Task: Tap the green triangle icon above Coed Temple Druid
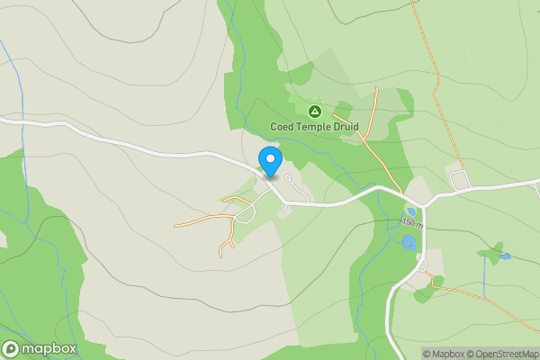(315, 111)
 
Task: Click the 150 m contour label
(411, 222)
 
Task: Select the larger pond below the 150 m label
(409, 242)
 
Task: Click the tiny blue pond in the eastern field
(507, 256)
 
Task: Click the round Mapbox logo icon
(13, 348)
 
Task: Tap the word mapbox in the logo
(49, 348)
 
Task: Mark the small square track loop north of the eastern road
(460, 180)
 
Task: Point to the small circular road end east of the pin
(287, 178)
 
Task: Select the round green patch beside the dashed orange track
(437, 282)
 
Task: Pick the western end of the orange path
(175, 225)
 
